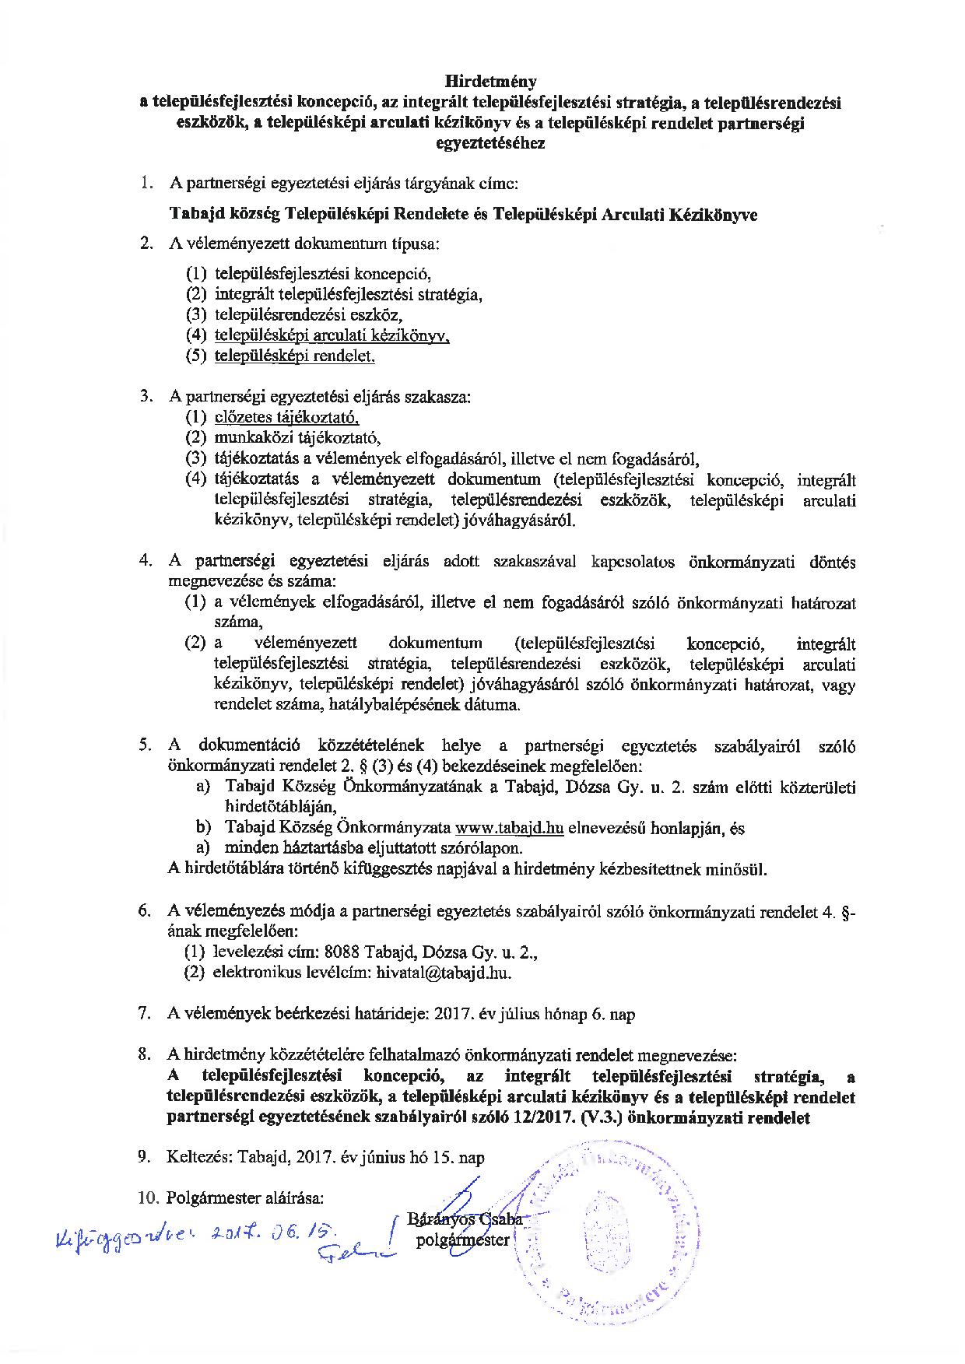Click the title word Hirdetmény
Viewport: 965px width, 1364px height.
coord(490,81)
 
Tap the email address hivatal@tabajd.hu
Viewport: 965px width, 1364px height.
coord(444,973)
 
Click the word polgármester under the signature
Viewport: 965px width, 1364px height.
coord(462,1240)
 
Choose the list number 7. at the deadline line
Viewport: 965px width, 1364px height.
coord(144,1015)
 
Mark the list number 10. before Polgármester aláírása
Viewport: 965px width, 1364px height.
coord(148,1198)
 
